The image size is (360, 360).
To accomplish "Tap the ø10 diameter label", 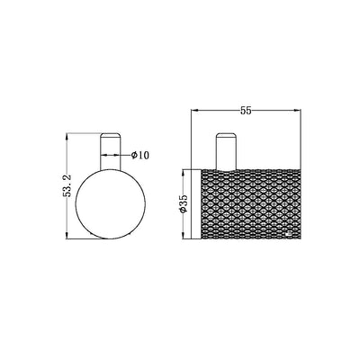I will point(139,156).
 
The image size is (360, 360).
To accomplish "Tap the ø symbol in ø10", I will point(133,156).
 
